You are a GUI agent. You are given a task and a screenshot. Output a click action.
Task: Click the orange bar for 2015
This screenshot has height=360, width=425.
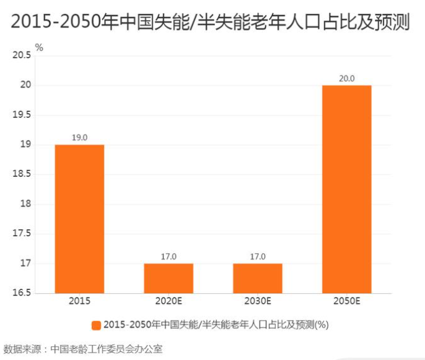pyautogui.click(x=79, y=219)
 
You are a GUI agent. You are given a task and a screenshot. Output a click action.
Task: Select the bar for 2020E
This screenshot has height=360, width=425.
pyautogui.click(x=169, y=278)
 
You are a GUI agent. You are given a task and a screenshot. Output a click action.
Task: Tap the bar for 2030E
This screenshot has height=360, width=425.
pyautogui.click(x=257, y=278)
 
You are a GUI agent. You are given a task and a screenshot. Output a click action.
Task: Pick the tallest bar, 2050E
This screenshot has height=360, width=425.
pyautogui.click(x=347, y=189)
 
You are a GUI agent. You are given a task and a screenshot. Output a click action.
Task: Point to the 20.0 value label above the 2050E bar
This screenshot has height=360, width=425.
pyautogui.click(x=347, y=79)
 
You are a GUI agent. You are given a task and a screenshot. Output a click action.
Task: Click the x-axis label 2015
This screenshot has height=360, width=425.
pyautogui.click(x=79, y=301)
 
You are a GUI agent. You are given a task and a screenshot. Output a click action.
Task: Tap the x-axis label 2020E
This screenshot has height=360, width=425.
pyautogui.click(x=169, y=301)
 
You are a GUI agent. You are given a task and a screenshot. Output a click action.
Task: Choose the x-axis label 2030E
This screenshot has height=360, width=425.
pyautogui.click(x=257, y=301)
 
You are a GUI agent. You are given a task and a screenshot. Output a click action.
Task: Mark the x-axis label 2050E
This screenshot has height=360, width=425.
pyautogui.click(x=347, y=301)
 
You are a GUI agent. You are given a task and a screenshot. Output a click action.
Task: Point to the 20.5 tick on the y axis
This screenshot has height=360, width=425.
pyautogui.click(x=22, y=56)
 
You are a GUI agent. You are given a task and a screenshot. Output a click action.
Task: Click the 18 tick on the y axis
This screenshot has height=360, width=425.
pyautogui.click(x=26, y=204)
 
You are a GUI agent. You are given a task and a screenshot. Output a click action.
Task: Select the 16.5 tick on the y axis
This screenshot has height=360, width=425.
pyautogui.click(x=22, y=293)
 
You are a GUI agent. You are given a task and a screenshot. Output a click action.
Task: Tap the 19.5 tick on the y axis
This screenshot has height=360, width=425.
pyautogui.click(x=22, y=115)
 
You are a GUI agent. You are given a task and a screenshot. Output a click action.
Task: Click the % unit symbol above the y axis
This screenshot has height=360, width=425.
pyautogui.click(x=39, y=47)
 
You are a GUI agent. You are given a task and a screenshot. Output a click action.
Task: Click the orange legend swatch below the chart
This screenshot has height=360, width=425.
pyautogui.click(x=96, y=325)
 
